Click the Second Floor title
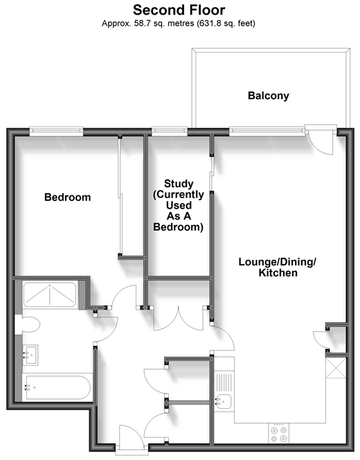click(179, 10)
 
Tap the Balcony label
click(268, 96)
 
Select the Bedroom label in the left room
click(67, 197)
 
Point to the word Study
click(179, 184)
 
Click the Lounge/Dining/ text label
click(278, 262)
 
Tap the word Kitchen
click(278, 273)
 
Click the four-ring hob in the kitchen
click(278, 433)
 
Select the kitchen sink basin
click(223, 402)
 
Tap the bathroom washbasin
click(30, 355)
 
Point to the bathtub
click(57, 387)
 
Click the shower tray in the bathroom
click(50, 294)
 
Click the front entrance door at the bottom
click(132, 437)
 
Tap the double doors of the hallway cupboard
click(179, 319)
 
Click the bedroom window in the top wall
click(56, 131)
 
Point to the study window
click(170, 131)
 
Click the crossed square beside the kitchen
click(336, 368)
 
